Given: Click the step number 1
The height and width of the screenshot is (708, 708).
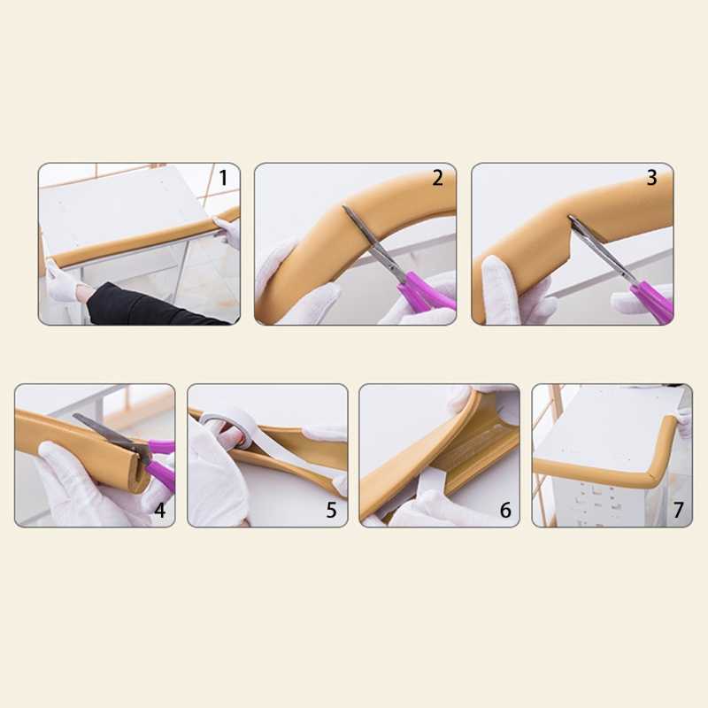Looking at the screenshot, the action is [223, 178].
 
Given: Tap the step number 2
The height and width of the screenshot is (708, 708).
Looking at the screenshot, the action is [437, 178].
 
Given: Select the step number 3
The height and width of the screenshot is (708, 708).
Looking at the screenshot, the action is [651, 178].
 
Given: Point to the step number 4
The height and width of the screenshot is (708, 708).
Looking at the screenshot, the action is [160, 511].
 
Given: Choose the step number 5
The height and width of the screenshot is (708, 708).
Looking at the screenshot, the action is [331, 511].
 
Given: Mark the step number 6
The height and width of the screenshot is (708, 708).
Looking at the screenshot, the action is [505, 511].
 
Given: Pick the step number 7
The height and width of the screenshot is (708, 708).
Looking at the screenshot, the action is [678, 511].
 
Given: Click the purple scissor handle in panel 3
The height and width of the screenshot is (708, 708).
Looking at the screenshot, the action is [652, 300].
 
